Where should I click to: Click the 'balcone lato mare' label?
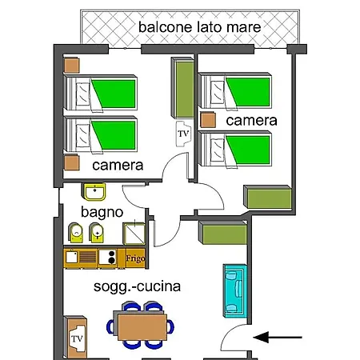199,27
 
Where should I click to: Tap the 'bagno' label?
102,213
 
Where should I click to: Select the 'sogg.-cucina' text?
137,287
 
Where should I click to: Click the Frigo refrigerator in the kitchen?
135,258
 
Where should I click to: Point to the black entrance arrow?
278,338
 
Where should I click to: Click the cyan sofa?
235,290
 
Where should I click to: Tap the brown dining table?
142,327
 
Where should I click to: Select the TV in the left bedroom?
183,134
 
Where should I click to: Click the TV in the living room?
77,338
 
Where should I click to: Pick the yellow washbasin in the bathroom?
94,192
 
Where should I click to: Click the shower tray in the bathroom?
134,234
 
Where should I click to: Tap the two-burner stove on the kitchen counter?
107,257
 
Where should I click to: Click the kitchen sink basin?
71,257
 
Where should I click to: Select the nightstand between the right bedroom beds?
208,120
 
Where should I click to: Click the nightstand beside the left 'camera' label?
72,162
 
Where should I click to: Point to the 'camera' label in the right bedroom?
251,121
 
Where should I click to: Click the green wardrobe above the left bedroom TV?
183,88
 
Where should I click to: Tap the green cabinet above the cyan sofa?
223,233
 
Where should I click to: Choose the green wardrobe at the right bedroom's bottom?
267,197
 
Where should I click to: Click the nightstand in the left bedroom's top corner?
72,66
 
